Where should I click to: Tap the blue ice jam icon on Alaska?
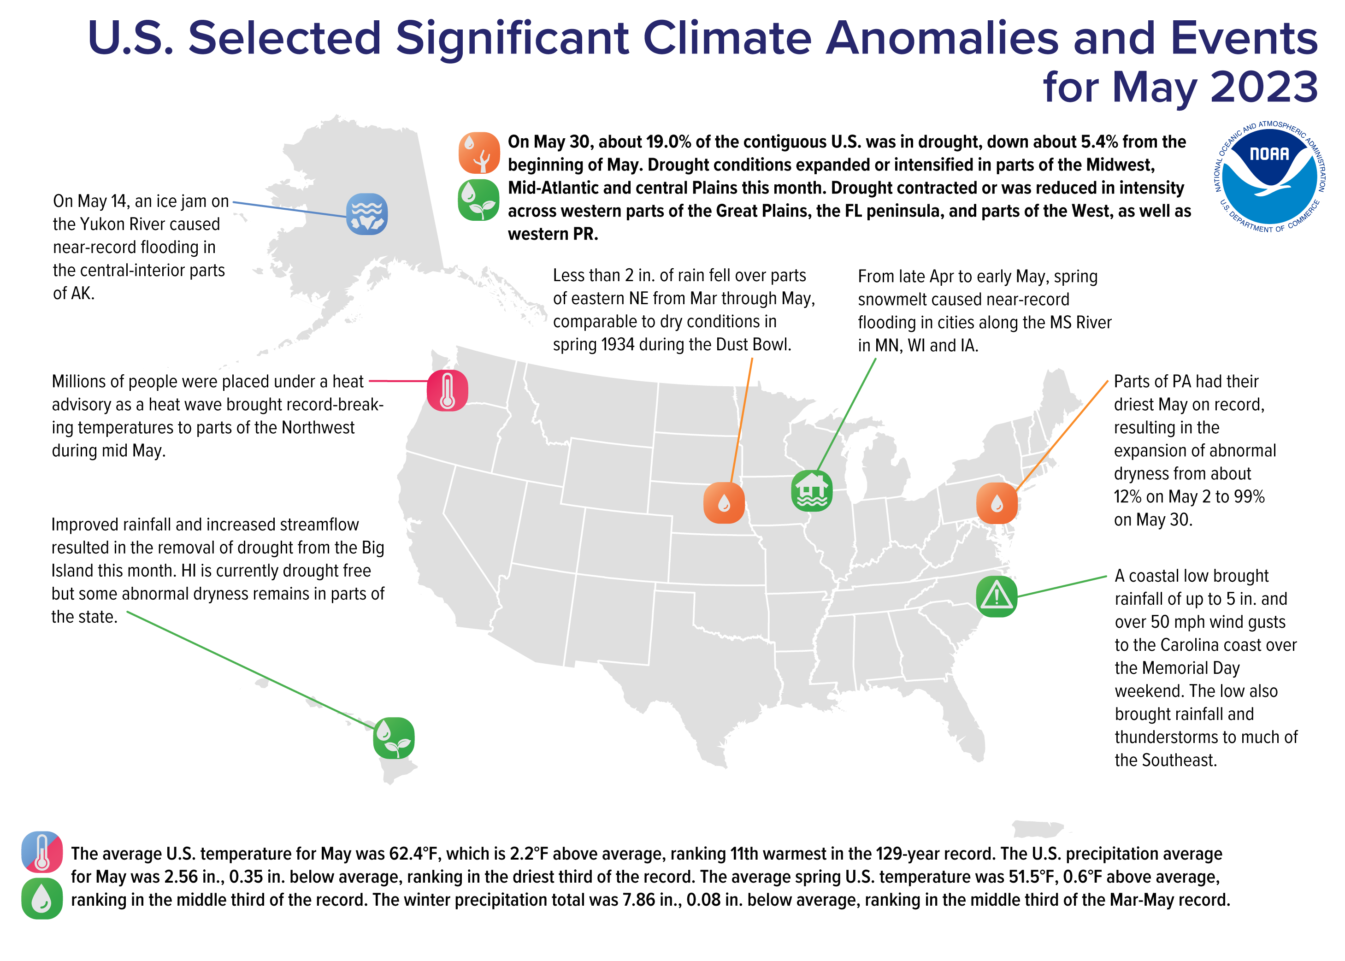[x=366, y=213]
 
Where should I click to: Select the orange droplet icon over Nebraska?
[x=723, y=502]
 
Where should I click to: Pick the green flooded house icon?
[x=811, y=490]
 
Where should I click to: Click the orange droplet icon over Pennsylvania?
[x=996, y=502]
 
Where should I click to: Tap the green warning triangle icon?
[x=996, y=596]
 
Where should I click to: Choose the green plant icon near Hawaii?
[x=394, y=737]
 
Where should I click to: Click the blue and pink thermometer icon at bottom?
[x=41, y=851]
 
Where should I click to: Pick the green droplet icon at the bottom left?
[x=41, y=898]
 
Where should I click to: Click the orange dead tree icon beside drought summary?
[x=479, y=152]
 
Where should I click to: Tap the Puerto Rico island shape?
[x=1036, y=828]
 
